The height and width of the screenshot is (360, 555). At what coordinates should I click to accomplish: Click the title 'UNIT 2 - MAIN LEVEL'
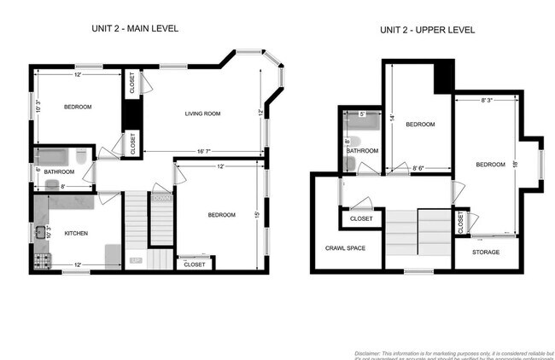136,28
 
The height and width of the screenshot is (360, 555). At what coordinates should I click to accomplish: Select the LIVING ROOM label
203,113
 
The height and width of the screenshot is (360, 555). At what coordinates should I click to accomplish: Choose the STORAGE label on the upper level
486,252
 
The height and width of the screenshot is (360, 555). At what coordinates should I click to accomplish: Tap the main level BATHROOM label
60,171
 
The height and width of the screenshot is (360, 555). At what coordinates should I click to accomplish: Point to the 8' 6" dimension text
419,168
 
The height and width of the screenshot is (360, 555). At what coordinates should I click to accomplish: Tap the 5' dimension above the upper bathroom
362,113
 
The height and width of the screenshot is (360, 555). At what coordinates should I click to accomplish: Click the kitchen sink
39,230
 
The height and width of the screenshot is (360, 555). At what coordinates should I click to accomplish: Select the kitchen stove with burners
41,259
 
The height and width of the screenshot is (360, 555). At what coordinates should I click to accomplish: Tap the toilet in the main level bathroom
79,158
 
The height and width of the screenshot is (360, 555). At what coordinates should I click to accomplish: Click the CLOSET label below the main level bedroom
194,264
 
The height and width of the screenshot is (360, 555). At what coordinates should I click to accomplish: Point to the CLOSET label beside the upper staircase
361,219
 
